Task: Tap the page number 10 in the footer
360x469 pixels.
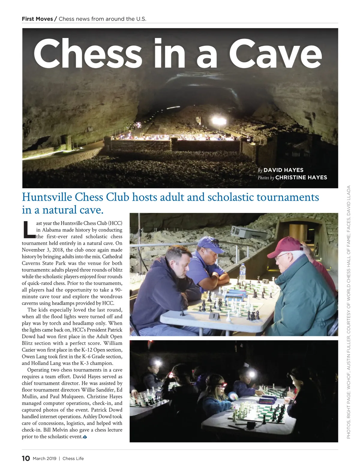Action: click(26, 458)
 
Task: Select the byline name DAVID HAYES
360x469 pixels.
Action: click(283, 170)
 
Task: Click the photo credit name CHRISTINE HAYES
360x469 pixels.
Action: click(301, 178)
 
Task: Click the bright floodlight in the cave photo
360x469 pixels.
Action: click(218, 121)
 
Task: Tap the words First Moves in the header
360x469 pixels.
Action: click(37, 19)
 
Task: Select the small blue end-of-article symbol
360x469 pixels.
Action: click(85, 437)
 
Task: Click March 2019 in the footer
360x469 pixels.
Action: click(44, 459)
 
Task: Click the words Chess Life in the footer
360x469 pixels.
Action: click(73, 459)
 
